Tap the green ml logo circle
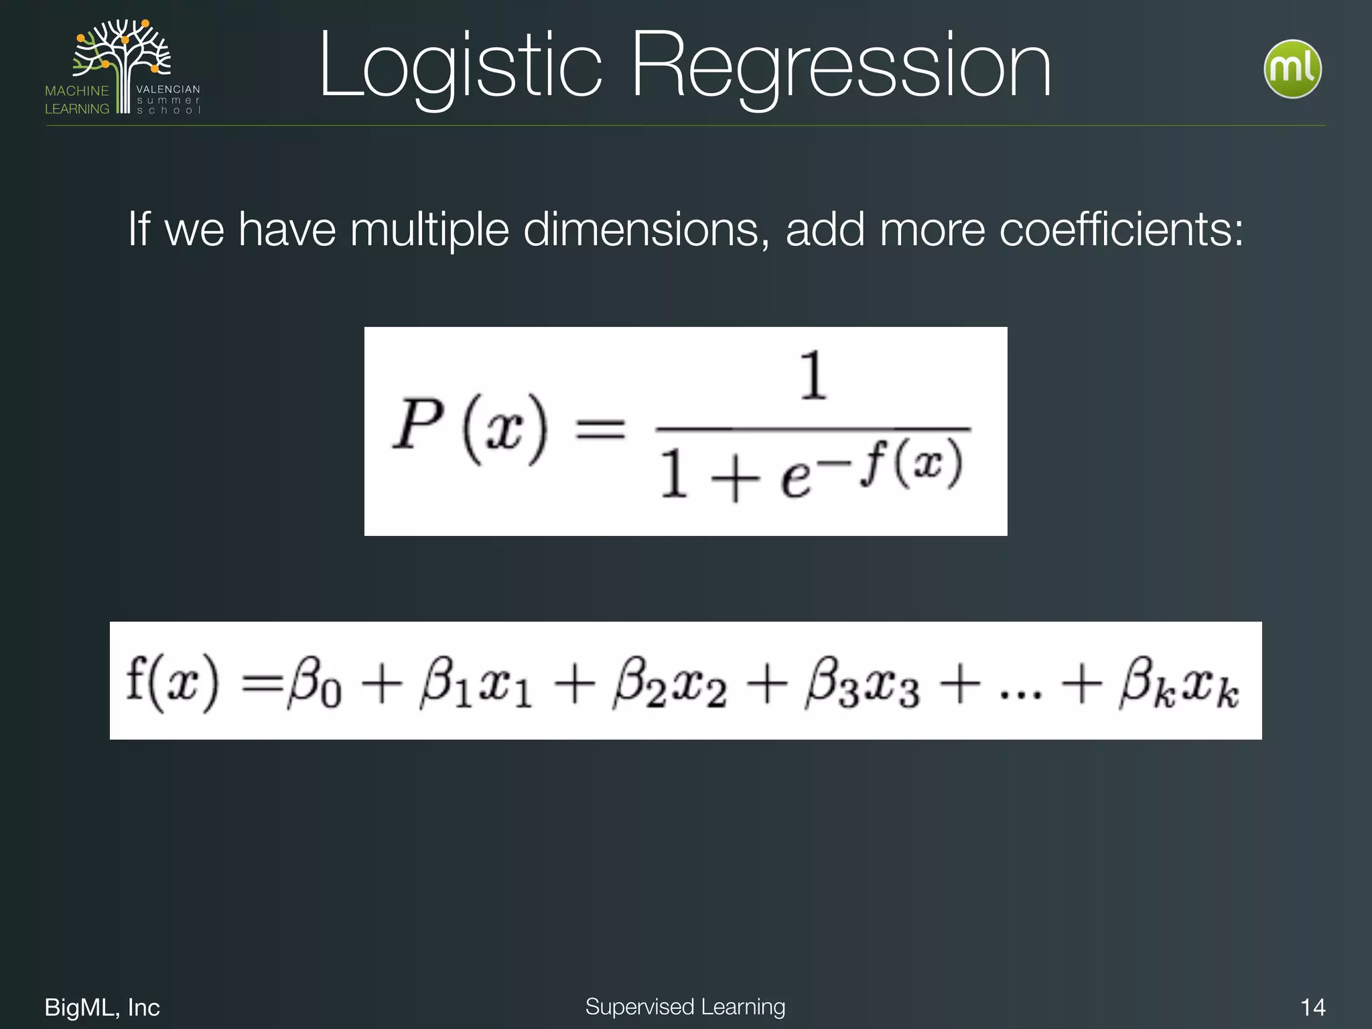point(1292,69)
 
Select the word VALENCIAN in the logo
point(168,89)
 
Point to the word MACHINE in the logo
point(77,90)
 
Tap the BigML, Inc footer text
point(102,1008)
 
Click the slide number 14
point(1312,1008)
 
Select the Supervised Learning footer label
point(685,1006)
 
